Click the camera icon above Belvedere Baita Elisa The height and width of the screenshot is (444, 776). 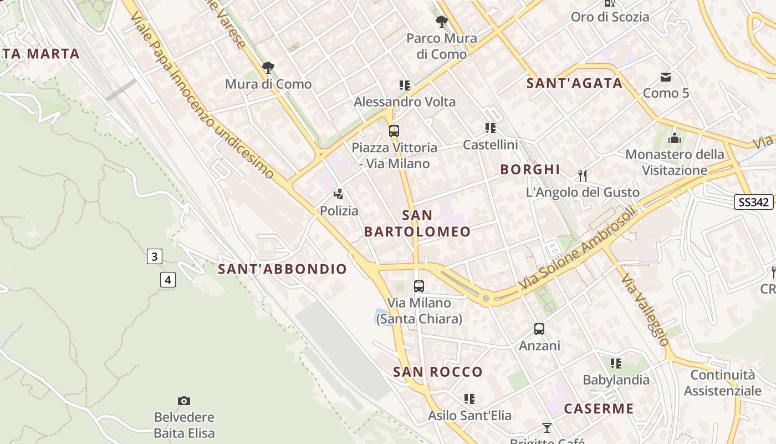[x=184, y=401]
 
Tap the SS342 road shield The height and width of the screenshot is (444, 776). [x=754, y=202]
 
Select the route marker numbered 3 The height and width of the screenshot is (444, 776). [x=155, y=256]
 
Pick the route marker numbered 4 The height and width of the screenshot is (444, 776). [x=168, y=279]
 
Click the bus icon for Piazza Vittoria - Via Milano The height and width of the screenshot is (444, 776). [x=394, y=132]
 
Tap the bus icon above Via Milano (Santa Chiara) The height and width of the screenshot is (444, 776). [x=419, y=286]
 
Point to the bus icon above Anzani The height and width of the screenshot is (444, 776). [x=539, y=329]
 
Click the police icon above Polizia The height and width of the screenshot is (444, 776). [x=338, y=194]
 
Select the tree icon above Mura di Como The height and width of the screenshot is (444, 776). [x=268, y=68]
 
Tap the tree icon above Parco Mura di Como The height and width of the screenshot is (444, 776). [x=442, y=22]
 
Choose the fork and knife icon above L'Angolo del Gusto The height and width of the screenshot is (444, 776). [x=582, y=176]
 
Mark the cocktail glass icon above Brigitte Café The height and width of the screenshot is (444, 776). [x=547, y=427]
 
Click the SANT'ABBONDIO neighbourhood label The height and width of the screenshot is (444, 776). [x=282, y=269]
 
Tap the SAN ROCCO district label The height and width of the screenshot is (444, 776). [x=438, y=372]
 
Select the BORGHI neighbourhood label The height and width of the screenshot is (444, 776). [x=530, y=169]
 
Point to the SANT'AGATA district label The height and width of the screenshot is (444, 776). [x=574, y=83]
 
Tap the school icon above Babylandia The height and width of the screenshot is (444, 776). [x=615, y=364]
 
